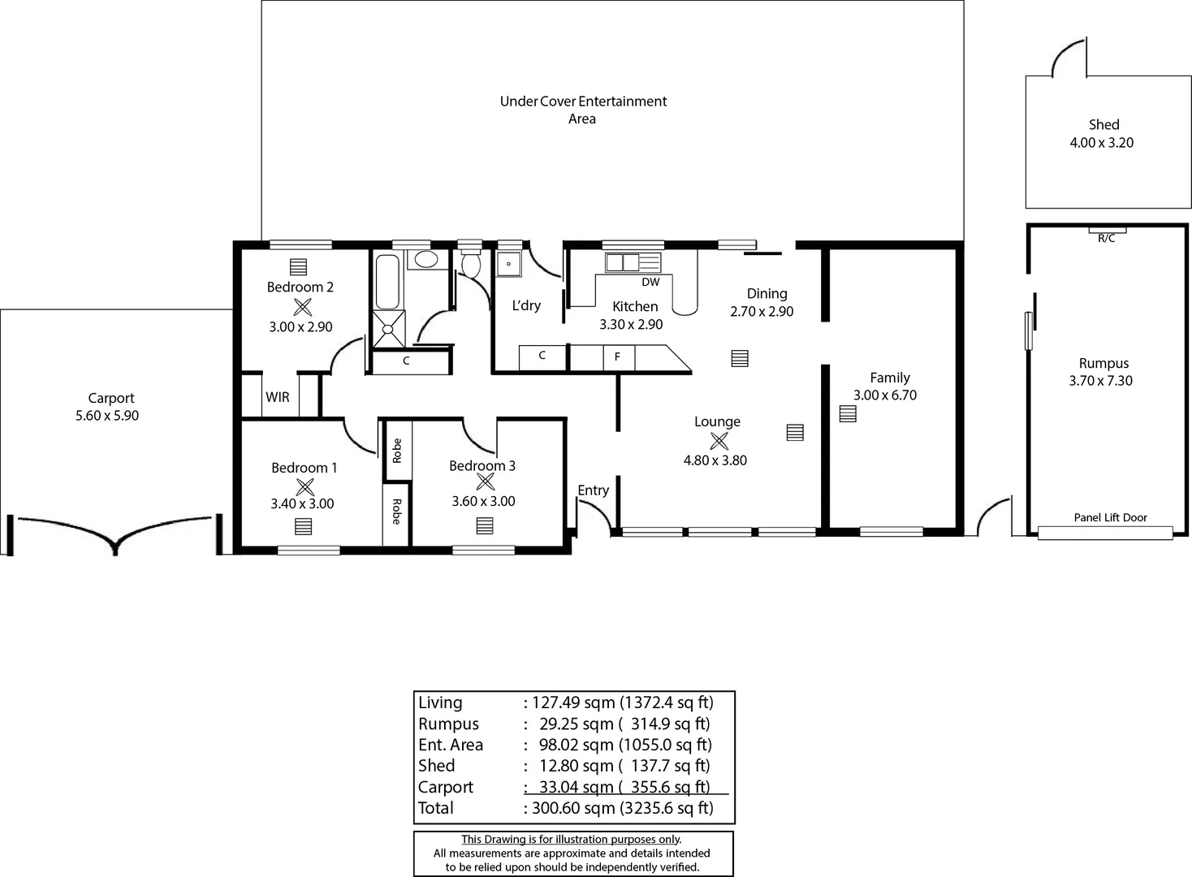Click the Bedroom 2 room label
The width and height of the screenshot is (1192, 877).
pos(300,287)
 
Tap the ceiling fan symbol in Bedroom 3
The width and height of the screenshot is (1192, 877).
pos(485,482)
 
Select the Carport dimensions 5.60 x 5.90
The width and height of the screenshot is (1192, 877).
pos(106,416)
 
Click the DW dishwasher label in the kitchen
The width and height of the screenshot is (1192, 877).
pos(650,282)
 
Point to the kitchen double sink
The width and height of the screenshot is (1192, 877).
pos(623,262)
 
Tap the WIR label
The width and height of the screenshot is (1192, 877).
pos(277,397)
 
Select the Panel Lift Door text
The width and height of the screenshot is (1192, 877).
pos(1110,517)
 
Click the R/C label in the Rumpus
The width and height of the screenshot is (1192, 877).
pos(1106,239)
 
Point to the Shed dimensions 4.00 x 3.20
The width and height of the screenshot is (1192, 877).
pos(1101,143)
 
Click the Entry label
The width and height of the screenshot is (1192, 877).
pos(593,490)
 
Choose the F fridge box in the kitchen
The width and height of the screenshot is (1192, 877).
pos(618,356)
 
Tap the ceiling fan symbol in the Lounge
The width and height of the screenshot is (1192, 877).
pos(719,441)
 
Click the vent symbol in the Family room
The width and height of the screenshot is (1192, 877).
pos(848,413)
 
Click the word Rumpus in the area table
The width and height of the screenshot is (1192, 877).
pos(448,724)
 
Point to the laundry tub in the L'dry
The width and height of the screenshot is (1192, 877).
pos(508,264)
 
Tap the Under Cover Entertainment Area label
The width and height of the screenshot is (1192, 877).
pos(583,110)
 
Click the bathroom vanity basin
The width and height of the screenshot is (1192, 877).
pos(425,260)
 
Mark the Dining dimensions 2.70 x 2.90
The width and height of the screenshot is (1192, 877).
pos(762,312)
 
